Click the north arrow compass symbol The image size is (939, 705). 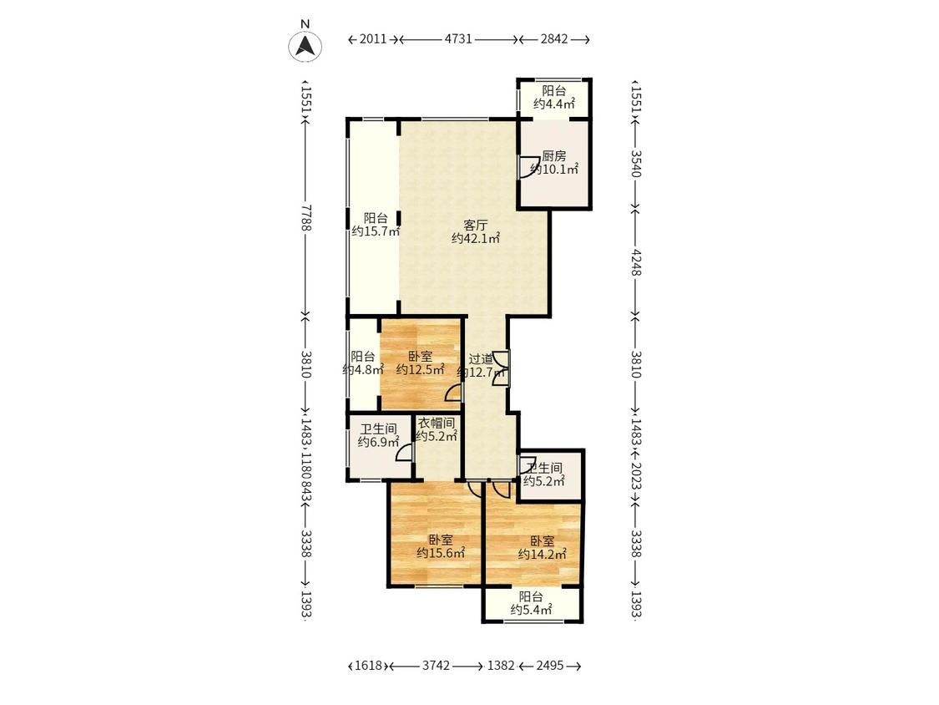coord(305,46)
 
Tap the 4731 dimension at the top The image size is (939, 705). coord(458,39)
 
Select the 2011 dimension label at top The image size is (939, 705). coord(372,39)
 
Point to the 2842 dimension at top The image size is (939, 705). coord(554,39)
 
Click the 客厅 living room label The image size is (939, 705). coord(476,226)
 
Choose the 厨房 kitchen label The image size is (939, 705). coord(554,156)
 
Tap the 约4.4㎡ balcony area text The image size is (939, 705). coord(554,104)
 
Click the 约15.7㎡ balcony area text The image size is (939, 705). coord(376,231)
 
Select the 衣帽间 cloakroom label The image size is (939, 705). coord(436,423)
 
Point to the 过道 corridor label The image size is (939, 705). coord(480,359)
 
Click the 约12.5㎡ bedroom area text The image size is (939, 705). coord(420,369)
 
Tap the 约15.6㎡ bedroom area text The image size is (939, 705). coord(441,553)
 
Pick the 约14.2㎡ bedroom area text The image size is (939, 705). coord(542,554)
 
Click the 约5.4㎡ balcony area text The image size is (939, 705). coord(531,611)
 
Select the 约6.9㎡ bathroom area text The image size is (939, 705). coord(378,443)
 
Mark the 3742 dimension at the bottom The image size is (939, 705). coord(436,666)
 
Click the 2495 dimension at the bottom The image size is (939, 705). coord(549,666)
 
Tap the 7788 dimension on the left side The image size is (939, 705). coord(306,217)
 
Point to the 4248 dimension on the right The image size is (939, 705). coord(636,262)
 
